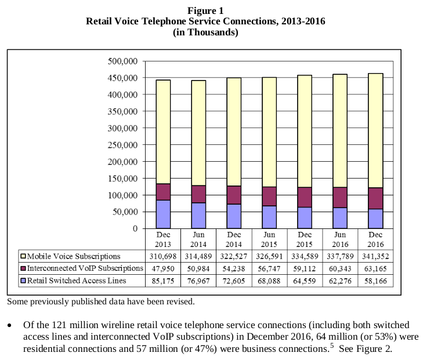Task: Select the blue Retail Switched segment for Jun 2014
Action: [x=199, y=215]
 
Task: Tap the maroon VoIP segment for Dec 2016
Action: [x=375, y=198]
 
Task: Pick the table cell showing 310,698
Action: [x=162, y=256]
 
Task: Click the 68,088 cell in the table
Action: [x=269, y=281]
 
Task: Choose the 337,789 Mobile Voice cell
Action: [x=339, y=256]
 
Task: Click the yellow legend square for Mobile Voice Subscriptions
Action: [x=23, y=256]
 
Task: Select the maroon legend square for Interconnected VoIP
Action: [x=23, y=268]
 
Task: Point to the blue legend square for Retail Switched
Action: [x=23, y=281]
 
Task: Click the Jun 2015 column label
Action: [x=269, y=239]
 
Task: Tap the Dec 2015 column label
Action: [x=304, y=239]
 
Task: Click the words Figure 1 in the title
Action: [x=205, y=10]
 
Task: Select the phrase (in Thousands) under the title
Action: [x=205, y=32]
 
